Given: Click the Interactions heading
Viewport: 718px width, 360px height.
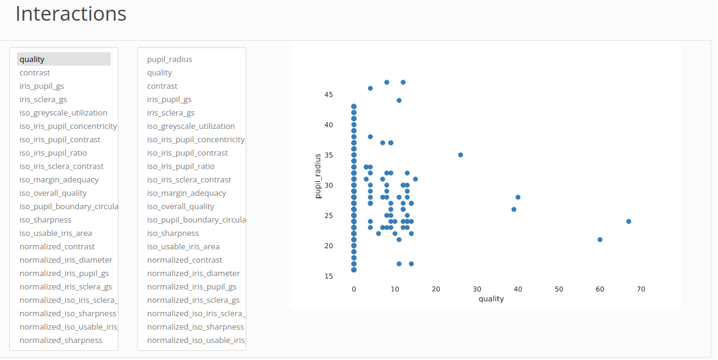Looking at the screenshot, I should [x=71, y=13].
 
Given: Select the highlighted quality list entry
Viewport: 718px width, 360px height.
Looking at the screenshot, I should [x=32, y=59].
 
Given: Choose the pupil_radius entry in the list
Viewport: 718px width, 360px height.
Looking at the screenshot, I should [x=169, y=59].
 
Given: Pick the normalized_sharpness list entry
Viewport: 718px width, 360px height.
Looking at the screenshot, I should [x=61, y=340].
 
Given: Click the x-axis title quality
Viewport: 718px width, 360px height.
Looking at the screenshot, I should [x=491, y=299].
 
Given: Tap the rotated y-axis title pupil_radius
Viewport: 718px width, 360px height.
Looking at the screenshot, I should [x=318, y=176].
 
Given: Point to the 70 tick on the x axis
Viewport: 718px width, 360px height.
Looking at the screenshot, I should [x=641, y=289].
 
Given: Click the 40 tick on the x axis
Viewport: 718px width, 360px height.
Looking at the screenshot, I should [x=518, y=289].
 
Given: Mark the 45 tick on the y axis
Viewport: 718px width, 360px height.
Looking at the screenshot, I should [x=329, y=94].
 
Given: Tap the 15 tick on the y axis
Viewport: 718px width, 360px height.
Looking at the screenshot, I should [x=329, y=276].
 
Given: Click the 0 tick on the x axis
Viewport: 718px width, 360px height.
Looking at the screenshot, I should [x=354, y=289].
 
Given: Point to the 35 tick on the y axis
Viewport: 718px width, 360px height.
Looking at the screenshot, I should [x=329, y=155].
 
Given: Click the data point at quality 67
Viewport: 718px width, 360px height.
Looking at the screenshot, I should [x=629, y=221].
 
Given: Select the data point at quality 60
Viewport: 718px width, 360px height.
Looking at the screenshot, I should [x=600, y=240].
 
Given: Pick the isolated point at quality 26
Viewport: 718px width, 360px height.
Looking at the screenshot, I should [x=461, y=155].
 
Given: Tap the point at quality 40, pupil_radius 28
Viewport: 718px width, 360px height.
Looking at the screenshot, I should [x=518, y=197].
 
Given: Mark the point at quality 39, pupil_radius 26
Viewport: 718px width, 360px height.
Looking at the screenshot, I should [x=514, y=209].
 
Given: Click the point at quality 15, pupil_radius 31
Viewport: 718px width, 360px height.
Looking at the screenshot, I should [x=416, y=179].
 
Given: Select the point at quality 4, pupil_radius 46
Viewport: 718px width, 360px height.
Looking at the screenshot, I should [x=370, y=88].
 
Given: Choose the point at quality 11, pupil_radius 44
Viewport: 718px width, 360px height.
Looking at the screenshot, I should [x=399, y=100].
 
